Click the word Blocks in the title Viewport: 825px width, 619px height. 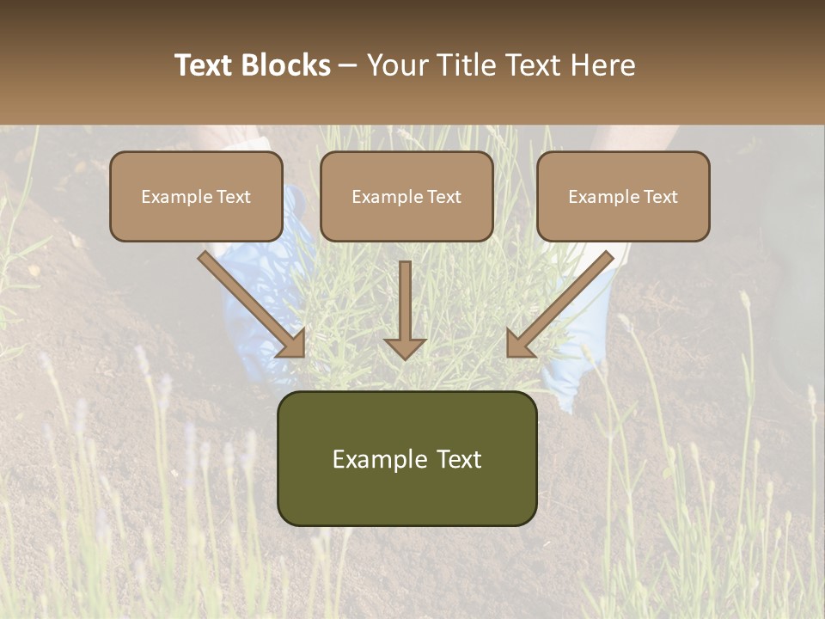pyautogui.click(x=288, y=65)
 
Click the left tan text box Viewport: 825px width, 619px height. pyautogui.click(x=196, y=196)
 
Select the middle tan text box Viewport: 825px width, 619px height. pyautogui.click(x=406, y=196)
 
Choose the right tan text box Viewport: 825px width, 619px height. pyautogui.click(x=623, y=196)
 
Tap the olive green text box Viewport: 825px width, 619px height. pyautogui.click(x=406, y=458)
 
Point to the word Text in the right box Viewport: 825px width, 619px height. pyautogui.click(x=660, y=197)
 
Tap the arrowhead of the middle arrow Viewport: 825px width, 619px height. pyautogui.click(x=405, y=347)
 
